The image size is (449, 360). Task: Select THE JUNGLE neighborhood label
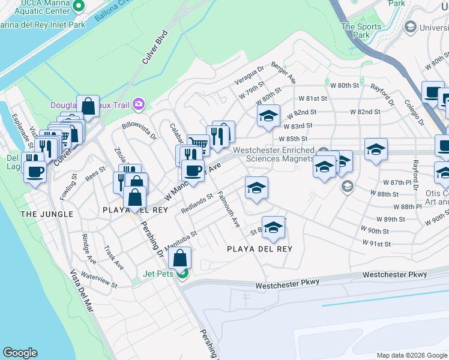click(47, 214)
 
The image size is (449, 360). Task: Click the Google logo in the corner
click(20, 353)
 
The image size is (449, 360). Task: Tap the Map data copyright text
click(411, 355)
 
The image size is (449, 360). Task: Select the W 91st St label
click(376, 244)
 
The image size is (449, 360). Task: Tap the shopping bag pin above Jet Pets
click(180, 258)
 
